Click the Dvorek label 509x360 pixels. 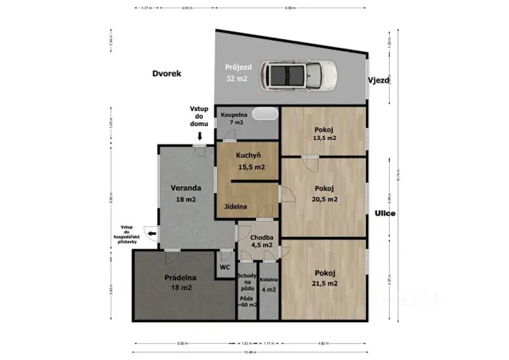pyautogui.click(x=165, y=74)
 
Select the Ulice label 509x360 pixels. pyautogui.click(x=384, y=213)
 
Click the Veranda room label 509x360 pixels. pyautogui.click(x=186, y=188)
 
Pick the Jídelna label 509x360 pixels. pyautogui.click(x=236, y=207)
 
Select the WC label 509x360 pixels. pyautogui.click(x=225, y=267)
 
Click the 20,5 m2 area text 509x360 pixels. pyautogui.click(x=325, y=198)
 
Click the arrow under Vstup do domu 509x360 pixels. pyautogui.click(x=199, y=136)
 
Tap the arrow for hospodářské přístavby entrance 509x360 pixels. pyautogui.click(x=151, y=235)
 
